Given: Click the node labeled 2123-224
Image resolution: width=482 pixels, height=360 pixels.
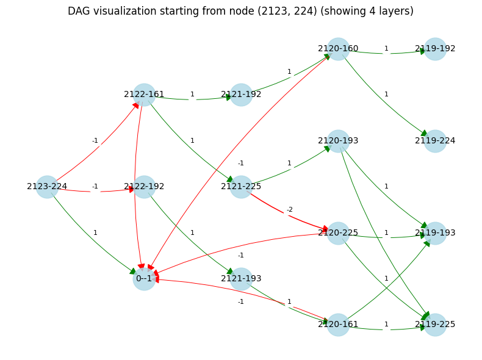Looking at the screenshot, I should (x=47, y=187).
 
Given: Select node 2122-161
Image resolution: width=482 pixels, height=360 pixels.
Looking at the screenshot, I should (x=144, y=95).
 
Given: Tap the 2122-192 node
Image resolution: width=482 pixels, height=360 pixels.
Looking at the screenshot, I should (x=144, y=187).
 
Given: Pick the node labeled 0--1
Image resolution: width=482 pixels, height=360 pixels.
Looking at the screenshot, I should (x=144, y=279).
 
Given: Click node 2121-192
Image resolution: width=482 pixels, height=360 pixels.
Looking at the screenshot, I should (x=241, y=95).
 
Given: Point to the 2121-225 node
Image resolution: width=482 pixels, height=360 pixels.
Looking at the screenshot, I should (x=241, y=187).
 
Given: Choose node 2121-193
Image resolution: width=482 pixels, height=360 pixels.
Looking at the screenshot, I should (x=241, y=279).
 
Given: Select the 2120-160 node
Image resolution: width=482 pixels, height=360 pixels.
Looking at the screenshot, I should (x=338, y=49).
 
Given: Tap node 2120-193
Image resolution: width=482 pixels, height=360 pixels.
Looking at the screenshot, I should (x=338, y=141).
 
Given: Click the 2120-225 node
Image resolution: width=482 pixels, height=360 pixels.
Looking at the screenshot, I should (x=338, y=233).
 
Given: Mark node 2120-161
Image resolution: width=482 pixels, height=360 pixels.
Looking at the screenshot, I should (x=338, y=325).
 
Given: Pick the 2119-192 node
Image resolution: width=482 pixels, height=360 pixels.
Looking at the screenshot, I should (x=435, y=49).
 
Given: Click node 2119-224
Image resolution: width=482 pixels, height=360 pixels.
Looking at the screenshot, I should (x=435, y=141).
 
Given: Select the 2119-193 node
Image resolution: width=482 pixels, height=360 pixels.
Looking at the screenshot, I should (x=435, y=233).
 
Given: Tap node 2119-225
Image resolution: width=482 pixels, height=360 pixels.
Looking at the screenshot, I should (x=435, y=325).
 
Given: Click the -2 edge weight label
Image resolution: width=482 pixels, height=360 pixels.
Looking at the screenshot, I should (x=290, y=210).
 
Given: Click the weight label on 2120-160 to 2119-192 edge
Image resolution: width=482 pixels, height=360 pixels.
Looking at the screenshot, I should (x=386, y=49).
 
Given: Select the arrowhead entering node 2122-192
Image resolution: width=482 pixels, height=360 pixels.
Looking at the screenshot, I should (x=130, y=189).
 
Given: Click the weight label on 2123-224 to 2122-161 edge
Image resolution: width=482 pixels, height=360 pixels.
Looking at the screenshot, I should (x=95, y=141).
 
